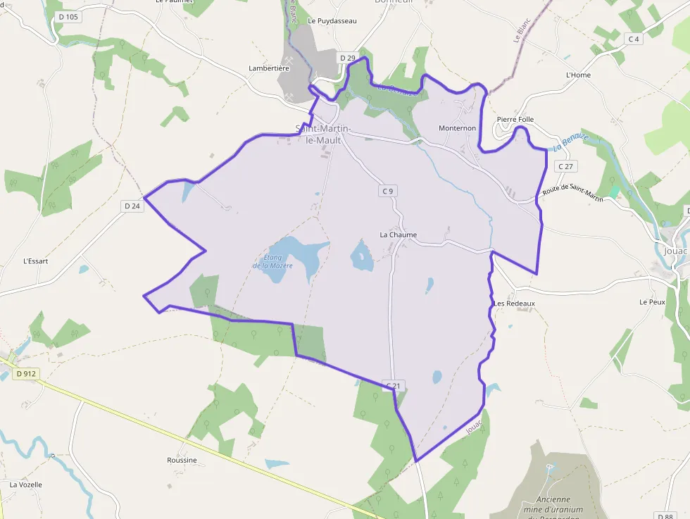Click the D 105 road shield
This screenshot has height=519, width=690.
[68, 16]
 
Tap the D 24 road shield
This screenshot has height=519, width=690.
[132, 206]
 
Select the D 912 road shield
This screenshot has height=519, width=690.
[25, 374]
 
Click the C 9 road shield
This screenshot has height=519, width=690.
[388, 191]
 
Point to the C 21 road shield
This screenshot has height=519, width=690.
[394, 386]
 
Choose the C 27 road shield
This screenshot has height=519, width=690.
[565, 166]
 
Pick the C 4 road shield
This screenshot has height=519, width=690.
[634, 39]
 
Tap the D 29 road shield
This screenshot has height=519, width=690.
[347, 58]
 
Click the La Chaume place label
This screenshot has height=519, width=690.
[399, 235]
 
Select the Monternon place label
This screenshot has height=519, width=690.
[458, 128]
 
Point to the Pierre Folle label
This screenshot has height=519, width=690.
[515, 120]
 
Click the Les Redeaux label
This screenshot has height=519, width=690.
[515, 304]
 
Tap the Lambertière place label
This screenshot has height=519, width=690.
[269, 68]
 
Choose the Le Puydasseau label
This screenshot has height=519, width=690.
[332, 21]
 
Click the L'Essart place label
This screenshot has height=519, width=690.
[36, 261]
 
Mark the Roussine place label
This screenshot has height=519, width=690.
[182, 460]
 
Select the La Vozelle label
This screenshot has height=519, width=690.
[26, 484]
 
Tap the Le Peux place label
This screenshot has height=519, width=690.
[652, 301]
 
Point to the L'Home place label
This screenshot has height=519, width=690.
[578, 75]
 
